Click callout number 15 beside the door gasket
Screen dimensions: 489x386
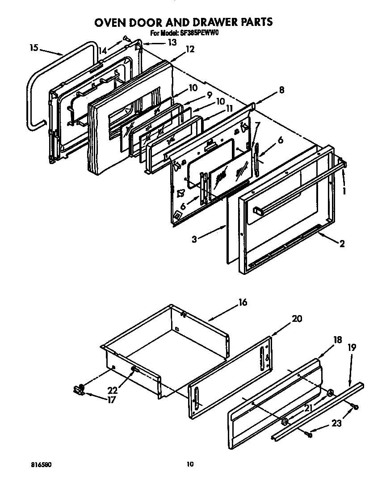tap(34, 47)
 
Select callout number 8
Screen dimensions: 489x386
tap(281, 89)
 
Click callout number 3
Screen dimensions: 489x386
tap(194, 240)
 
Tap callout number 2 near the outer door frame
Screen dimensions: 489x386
tap(342, 244)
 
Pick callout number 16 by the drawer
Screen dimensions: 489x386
tap(242, 303)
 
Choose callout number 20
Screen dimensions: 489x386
tap(297, 319)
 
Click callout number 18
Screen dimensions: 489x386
tap(337, 340)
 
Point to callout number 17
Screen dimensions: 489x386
tap(111, 400)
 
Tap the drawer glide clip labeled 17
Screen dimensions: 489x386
tap(79, 390)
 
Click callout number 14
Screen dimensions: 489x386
tap(103, 51)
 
